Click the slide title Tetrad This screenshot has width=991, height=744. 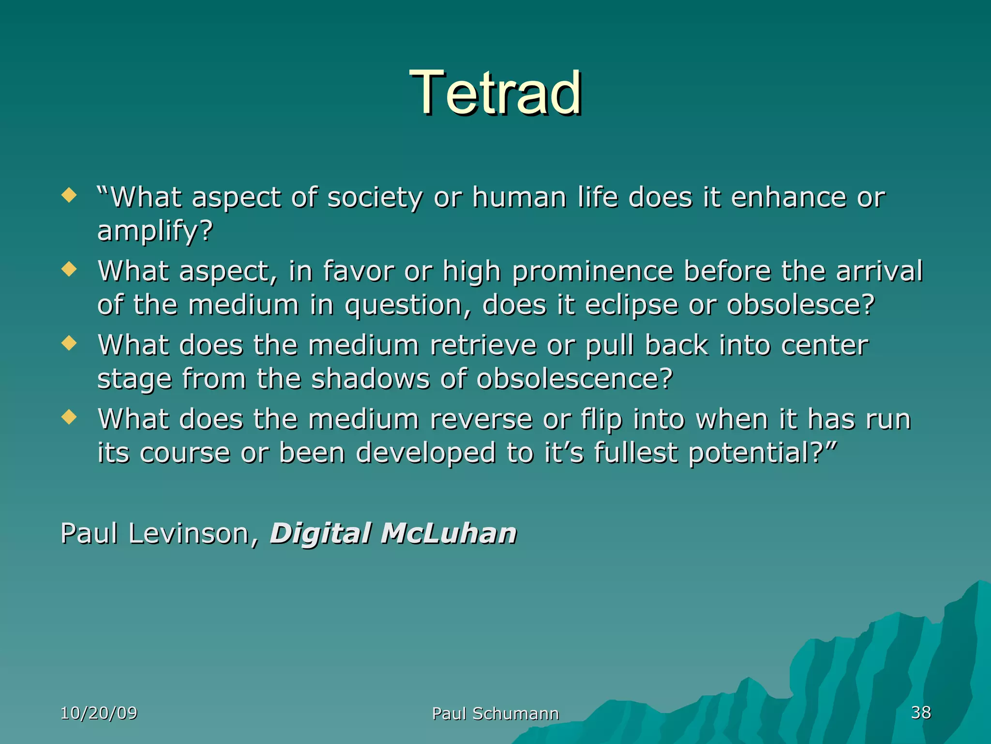495,93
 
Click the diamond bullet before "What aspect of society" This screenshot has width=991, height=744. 70,196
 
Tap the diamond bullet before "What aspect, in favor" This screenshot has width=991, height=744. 70,269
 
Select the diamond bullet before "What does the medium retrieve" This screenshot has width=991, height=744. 70,343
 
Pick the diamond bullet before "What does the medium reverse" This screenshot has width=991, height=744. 70,417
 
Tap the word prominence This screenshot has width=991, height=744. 592,271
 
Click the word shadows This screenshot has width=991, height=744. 370,379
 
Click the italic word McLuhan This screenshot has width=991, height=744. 449,534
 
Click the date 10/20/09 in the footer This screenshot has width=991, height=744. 99,713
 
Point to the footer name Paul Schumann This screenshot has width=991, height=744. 495,713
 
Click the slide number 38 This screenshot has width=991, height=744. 921,713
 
